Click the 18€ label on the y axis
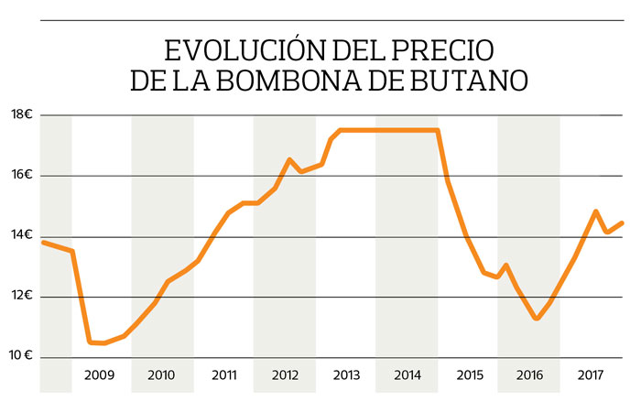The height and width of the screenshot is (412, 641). [22, 114]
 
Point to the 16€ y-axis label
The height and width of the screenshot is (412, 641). [22, 175]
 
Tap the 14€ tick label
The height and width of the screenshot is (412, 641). [22, 235]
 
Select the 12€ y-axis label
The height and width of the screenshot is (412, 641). [22, 296]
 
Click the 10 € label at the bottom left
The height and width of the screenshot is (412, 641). [23, 356]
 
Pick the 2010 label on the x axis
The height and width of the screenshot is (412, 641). [161, 375]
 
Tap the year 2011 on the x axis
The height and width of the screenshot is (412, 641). [224, 375]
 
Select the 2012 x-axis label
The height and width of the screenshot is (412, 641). [285, 375]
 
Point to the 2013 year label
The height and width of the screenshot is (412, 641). [346, 375]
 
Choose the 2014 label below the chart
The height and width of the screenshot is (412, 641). [407, 375]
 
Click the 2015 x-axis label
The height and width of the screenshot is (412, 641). [469, 375]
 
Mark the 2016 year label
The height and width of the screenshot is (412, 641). [529, 375]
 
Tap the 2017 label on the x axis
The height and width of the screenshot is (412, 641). [591, 375]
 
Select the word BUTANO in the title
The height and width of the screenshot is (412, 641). [475, 80]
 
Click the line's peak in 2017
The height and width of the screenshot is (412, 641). [596, 211]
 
